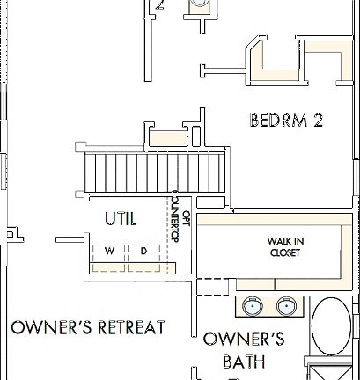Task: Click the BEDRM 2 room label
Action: pyautogui.click(x=285, y=120)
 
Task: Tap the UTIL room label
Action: pyautogui.click(x=121, y=219)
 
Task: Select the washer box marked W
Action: pyautogui.click(x=110, y=252)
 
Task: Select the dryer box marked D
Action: pyautogui.click(x=143, y=252)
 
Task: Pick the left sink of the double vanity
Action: pyautogui.click(x=252, y=307)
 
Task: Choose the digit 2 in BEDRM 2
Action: pyautogui.click(x=317, y=120)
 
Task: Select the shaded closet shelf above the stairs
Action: pyautogui.click(x=167, y=137)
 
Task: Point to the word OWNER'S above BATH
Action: pyautogui.click(x=244, y=339)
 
